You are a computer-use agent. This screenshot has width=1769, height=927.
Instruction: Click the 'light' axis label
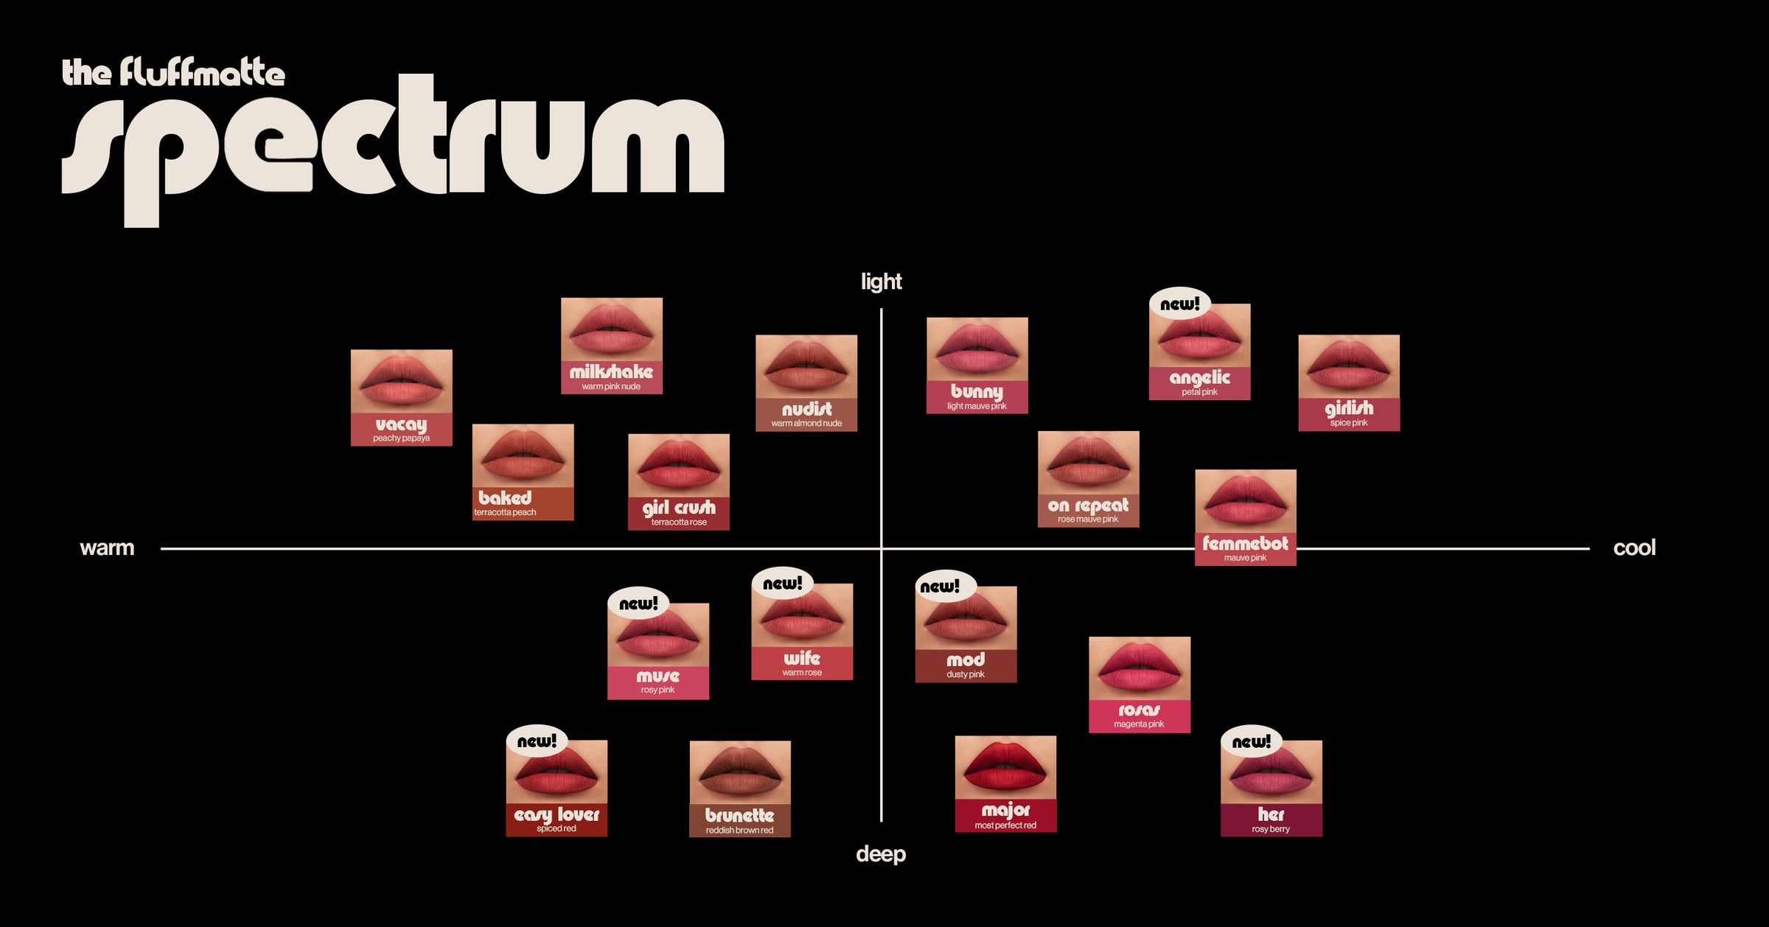point(881,281)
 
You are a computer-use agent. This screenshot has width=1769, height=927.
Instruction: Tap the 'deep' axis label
point(881,854)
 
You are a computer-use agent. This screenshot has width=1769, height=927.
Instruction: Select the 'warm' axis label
point(107,548)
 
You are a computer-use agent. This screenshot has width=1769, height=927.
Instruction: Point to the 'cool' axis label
point(1634,548)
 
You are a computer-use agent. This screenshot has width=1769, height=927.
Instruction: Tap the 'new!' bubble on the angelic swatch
point(1179,304)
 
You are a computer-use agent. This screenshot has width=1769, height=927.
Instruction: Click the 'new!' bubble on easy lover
point(537,741)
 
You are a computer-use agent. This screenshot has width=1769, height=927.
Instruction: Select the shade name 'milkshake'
point(611,372)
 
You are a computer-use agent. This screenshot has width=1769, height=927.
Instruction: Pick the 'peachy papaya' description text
point(401,438)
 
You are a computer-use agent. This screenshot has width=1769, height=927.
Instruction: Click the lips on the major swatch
point(1005,769)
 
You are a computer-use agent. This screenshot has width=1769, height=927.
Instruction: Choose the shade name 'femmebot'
point(1245,544)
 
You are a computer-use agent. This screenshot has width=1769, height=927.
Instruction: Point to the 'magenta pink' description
point(1139,724)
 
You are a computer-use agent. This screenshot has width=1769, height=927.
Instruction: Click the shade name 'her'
point(1271,814)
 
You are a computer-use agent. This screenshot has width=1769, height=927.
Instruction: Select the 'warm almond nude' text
point(806,424)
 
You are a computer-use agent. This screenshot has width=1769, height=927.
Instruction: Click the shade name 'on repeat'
point(1088,506)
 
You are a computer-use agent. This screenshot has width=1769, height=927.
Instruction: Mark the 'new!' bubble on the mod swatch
point(940,587)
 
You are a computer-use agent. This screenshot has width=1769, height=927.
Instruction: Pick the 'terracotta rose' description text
point(679,522)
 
